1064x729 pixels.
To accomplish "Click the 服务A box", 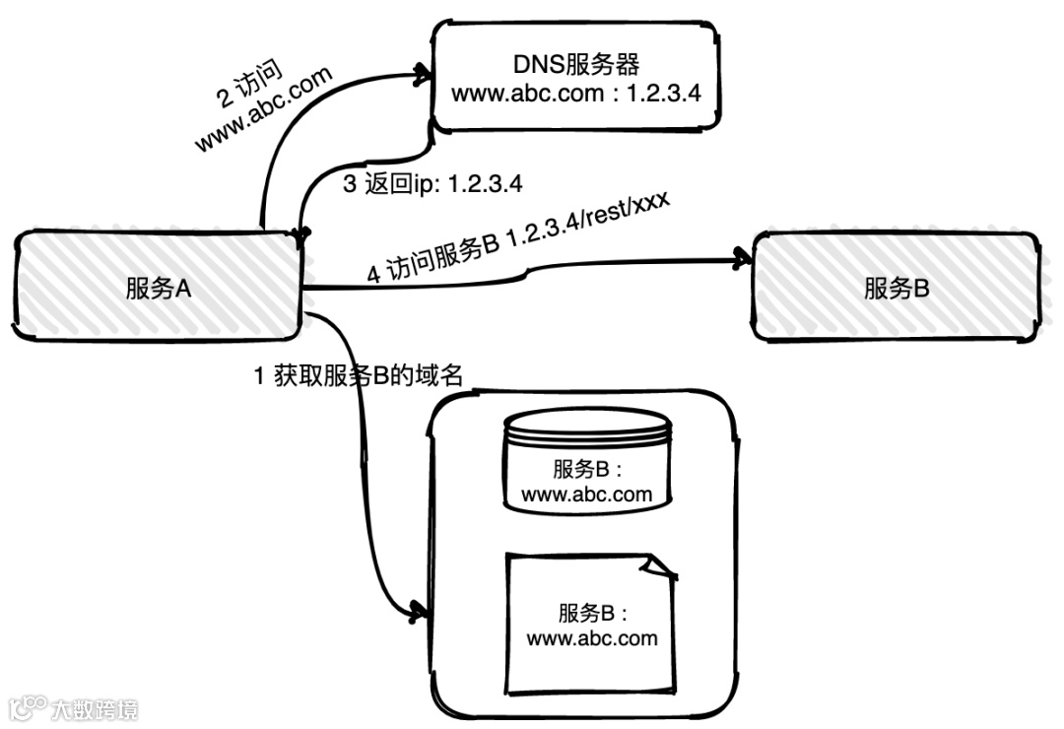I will click(158, 289).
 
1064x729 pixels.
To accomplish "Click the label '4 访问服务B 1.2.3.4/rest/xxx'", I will click(517, 239).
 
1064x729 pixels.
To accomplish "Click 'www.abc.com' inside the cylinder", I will click(587, 494).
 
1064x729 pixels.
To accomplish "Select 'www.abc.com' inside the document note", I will click(592, 638).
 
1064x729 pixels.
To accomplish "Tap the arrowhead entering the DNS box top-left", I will click(422, 72).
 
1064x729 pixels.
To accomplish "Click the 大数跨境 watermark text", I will click(96, 707).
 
